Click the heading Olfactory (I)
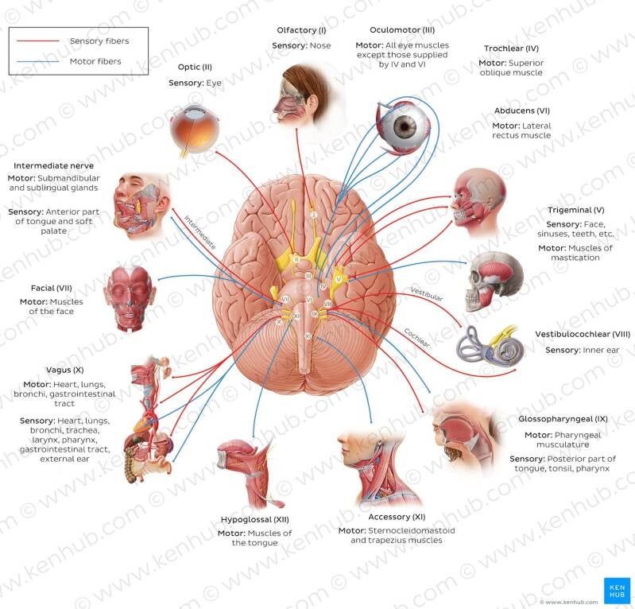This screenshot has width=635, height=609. pyautogui.click(x=301, y=30)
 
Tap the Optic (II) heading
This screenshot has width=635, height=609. pyautogui.click(x=195, y=67)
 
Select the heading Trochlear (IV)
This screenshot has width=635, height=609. pyautogui.click(x=511, y=48)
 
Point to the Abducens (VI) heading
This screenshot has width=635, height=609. pyautogui.click(x=522, y=111)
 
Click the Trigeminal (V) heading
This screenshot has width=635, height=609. pyautogui.click(x=576, y=210)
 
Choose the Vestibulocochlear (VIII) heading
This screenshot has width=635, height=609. pyautogui.click(x=583, y=334)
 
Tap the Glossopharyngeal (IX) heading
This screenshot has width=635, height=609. pyautogui.click(x=563, y=419)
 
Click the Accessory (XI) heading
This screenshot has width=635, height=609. pyautogui.click(x=397, y=517)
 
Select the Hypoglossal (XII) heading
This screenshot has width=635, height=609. pyautogui.click(x=255, y=519)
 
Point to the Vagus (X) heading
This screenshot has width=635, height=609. pyautogui.click(x=65, y=370)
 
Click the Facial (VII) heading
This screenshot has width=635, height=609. pyautogui.click(x=52, y=288)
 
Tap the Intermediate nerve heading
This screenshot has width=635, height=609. pyautogui.click(x=53, y=165)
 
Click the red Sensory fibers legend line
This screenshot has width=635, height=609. pyautogui.click(x=38, y=41)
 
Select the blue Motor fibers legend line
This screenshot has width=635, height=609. pyautogui.click(x=38, y=61)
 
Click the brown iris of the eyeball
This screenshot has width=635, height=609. pyautogui.click(x=405, y=127)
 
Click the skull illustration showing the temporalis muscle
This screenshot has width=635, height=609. pyautogui.click(x=495, y=281)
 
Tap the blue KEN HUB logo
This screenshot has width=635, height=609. pyautogui.click(x=617, y=591)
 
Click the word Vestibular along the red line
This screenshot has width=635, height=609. pyautogui.click(x=427, y=294)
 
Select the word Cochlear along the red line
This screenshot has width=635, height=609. pyautogui.click(x=416, y=338)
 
